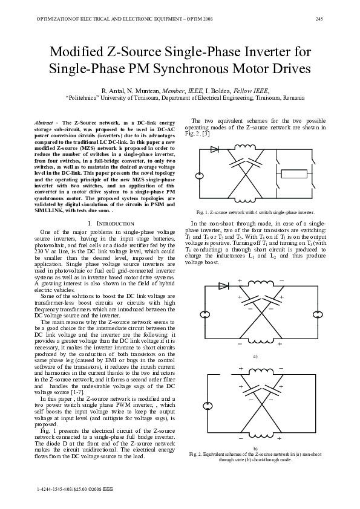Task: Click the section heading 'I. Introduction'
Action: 107,224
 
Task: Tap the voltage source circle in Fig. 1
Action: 199,177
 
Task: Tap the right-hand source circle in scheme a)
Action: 316,314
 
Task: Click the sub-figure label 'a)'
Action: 255,357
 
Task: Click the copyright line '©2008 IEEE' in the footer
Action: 92,487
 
